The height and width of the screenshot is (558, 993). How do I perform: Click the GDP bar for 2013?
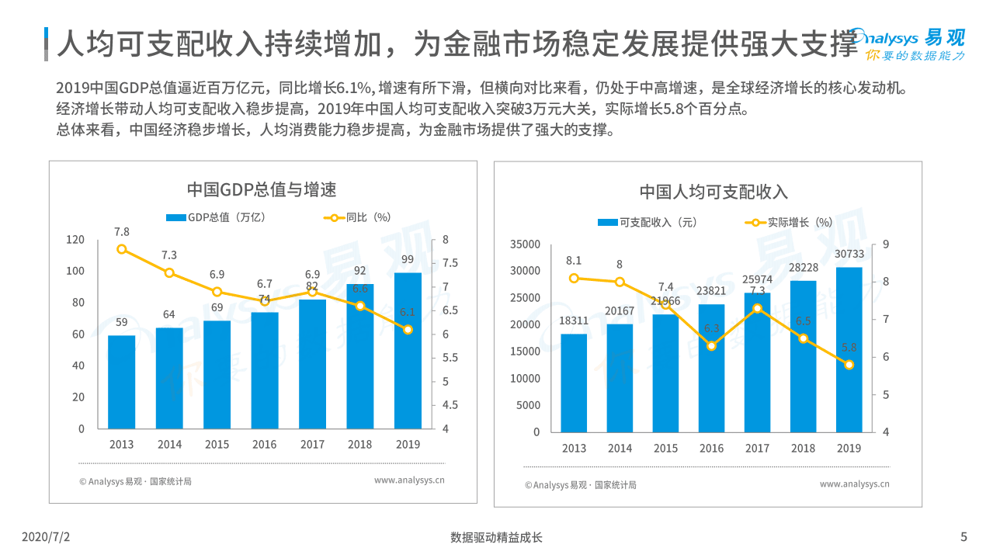coord(121,382)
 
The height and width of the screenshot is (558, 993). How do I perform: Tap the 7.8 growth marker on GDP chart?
coord(122,249)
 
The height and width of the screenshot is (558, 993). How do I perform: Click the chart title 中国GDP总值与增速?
coord(262,189)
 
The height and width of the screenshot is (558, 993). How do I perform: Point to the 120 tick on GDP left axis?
coord(75,240)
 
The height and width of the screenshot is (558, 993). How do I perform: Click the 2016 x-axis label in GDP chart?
coord(264,445)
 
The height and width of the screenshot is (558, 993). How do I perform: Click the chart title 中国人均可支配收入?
coord(714,192)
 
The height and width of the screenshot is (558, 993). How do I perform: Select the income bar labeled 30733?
coord(849,349)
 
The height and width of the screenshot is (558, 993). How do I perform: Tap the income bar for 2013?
coord(574,383)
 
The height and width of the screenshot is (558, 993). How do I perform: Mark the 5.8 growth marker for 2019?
coord(849,365)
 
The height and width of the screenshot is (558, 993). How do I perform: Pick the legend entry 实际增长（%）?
coord(789,222)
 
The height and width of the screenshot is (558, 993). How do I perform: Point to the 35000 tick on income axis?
coord(524,244)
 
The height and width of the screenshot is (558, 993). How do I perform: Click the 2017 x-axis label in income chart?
coord(757,449)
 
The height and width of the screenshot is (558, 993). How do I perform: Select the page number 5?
coord(963,537)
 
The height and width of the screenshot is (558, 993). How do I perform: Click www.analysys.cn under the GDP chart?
coord(409,480)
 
